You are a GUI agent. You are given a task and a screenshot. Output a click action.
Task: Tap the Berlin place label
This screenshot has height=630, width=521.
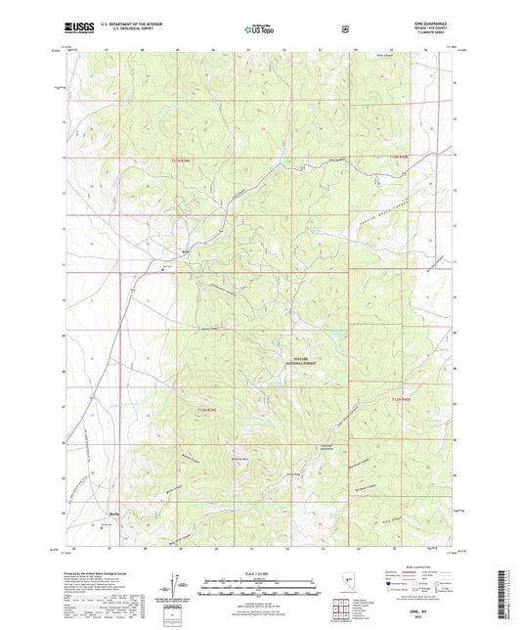[x=114, y=511]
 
